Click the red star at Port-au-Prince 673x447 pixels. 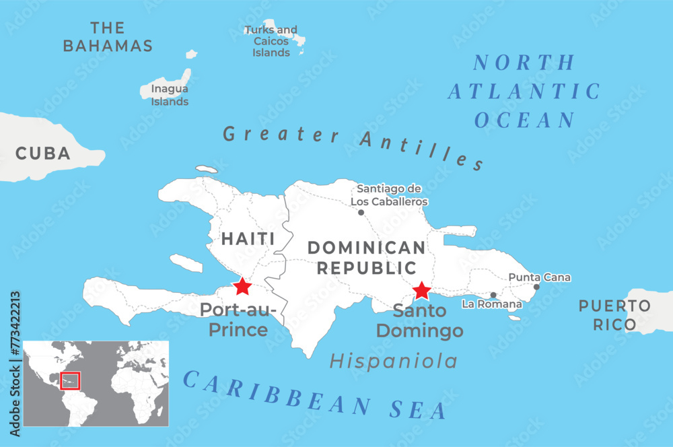click(242, 287)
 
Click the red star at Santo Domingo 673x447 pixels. click(421, 290)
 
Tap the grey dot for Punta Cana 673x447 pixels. click(536, 287)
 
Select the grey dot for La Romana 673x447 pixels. click(493, 295)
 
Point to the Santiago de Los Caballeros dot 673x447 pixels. click(361, 212)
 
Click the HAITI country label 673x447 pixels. click(248, 238)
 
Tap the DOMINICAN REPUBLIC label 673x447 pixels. click(367, 257)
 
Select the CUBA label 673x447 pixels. click(43, 153)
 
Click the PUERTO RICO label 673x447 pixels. click(614, 315)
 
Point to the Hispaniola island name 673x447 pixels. click(393, 362)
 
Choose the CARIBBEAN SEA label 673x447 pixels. click(315, 395)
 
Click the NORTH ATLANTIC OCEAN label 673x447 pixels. click(524, 92)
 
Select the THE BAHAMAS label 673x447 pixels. click(108, 37)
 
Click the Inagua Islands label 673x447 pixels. click(170, 95)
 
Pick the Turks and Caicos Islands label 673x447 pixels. click(271, 41)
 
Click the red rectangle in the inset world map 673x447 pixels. click(70, 380)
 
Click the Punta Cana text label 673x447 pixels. click(539, 277)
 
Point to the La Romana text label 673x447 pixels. click(491, 304)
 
